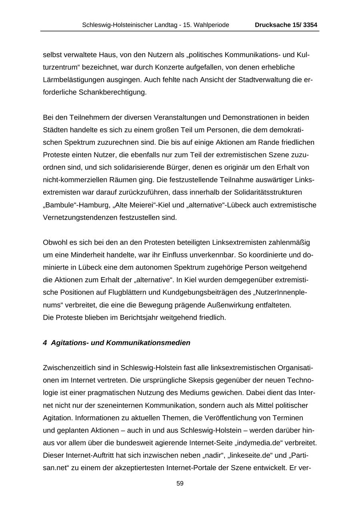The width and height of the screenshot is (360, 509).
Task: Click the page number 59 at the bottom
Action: [180, 483]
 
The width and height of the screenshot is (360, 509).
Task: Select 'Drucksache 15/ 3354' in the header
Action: [286, 25]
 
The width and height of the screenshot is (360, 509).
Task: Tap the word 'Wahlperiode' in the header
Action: [212, 25]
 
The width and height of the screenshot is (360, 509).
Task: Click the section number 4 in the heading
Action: [45, 343]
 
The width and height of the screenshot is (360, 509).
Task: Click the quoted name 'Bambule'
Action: [61, 205]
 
